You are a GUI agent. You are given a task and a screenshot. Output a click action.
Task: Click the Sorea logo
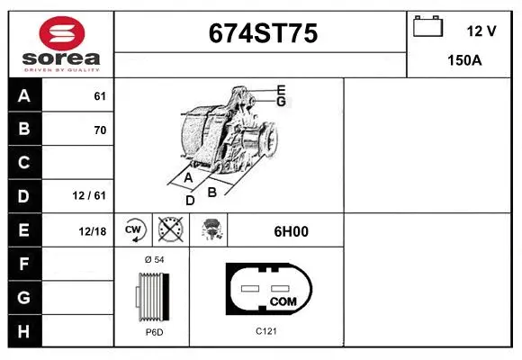coord(60,42)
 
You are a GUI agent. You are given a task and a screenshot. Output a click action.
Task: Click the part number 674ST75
coord(262,33)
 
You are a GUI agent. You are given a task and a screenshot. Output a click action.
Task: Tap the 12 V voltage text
coord(481,31)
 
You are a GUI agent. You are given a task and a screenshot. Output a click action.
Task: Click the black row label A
coord(23,96)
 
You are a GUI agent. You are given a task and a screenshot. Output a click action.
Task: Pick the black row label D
coord(23,196)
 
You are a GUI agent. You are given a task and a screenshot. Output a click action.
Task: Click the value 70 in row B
coord(100,130)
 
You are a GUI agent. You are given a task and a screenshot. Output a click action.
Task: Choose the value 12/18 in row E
coord(92,231)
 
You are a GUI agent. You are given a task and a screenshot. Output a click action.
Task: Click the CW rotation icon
coord(133,230)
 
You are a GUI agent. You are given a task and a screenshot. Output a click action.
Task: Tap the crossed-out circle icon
coord(169,230)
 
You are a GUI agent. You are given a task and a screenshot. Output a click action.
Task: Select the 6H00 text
coord(291,231)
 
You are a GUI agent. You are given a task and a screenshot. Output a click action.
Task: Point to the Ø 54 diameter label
coord(153,259)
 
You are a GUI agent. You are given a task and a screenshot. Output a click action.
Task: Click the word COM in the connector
coord(283,300)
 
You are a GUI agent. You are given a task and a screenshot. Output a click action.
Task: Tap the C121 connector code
coord(265,331)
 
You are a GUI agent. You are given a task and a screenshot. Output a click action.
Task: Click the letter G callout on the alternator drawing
coord(281,102)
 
